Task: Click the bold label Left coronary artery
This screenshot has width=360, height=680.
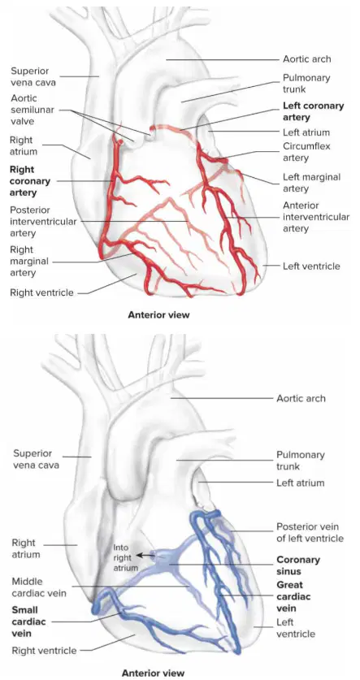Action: (x=313, y=111)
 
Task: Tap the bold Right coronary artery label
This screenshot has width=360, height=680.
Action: (x=30, y=181)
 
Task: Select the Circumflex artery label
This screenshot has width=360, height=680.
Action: (x=306, y=152)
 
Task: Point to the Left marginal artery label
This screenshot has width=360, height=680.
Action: (x=311, y=183)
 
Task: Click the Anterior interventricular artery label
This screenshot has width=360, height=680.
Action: (x=316, y=217)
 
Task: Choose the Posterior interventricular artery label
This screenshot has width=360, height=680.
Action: (x=43, y=222)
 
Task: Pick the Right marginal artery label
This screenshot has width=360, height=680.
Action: (x=29, y=261)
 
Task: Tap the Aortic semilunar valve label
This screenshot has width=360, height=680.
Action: (x=33, y=110)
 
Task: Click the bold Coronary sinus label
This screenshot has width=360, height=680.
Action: (x=298, y=565)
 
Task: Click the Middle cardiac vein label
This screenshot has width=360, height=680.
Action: (x=39, y=587)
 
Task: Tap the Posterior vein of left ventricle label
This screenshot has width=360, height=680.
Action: (x=310, y=533)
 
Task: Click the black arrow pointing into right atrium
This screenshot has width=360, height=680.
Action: (x=145, y=555)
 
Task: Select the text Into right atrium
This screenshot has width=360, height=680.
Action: (x=126, y=557)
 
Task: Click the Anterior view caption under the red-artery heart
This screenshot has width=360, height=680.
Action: (x=158, y=315)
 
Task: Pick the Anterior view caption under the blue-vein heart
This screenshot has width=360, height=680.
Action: (x=153, y=673)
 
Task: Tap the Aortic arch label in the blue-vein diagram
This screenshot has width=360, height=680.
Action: (x=301, y=398)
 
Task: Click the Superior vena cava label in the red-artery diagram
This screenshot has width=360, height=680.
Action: (x=30, y=76)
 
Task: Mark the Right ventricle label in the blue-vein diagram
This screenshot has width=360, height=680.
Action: (x=44, y=650)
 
